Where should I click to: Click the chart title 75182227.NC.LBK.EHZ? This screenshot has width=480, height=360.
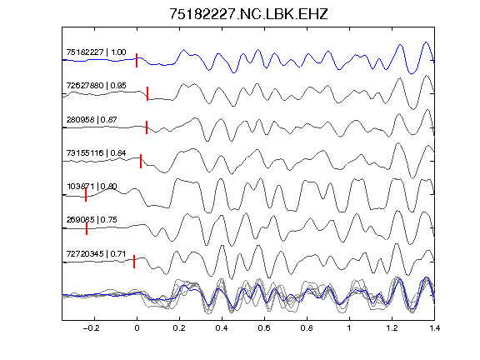click(248, 14)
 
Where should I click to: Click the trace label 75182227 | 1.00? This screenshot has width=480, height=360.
click(96, 52)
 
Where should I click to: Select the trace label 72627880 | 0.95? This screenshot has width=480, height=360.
click(96, 85)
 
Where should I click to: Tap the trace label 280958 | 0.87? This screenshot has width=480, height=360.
click(92, 120)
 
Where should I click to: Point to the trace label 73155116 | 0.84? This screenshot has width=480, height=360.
click(96, 152)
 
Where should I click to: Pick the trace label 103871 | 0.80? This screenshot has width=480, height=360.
click(92, 186)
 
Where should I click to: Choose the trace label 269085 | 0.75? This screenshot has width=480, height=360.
click(92, 219)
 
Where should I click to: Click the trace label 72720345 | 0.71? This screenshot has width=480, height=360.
click(96, 254)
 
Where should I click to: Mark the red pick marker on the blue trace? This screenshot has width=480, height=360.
click(137, 60)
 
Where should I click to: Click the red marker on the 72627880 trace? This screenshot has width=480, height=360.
click(147, 93)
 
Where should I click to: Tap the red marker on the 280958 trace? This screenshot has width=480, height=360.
click(147, 127)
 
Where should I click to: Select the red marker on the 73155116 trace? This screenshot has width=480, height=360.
click(141, 162)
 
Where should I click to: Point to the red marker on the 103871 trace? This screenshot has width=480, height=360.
click(86, 195)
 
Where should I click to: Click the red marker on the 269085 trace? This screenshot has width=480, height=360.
click(87, 228)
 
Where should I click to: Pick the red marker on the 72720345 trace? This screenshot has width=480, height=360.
click(134, 262)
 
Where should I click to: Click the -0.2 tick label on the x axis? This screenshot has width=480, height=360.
click(92, 328)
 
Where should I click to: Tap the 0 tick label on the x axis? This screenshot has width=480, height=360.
click(137, 328)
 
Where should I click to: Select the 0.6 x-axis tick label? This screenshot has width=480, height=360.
click(264, 328)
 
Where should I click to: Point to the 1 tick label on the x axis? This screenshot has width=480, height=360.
click(349, 328)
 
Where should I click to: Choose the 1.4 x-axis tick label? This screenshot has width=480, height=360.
click(434, 328)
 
